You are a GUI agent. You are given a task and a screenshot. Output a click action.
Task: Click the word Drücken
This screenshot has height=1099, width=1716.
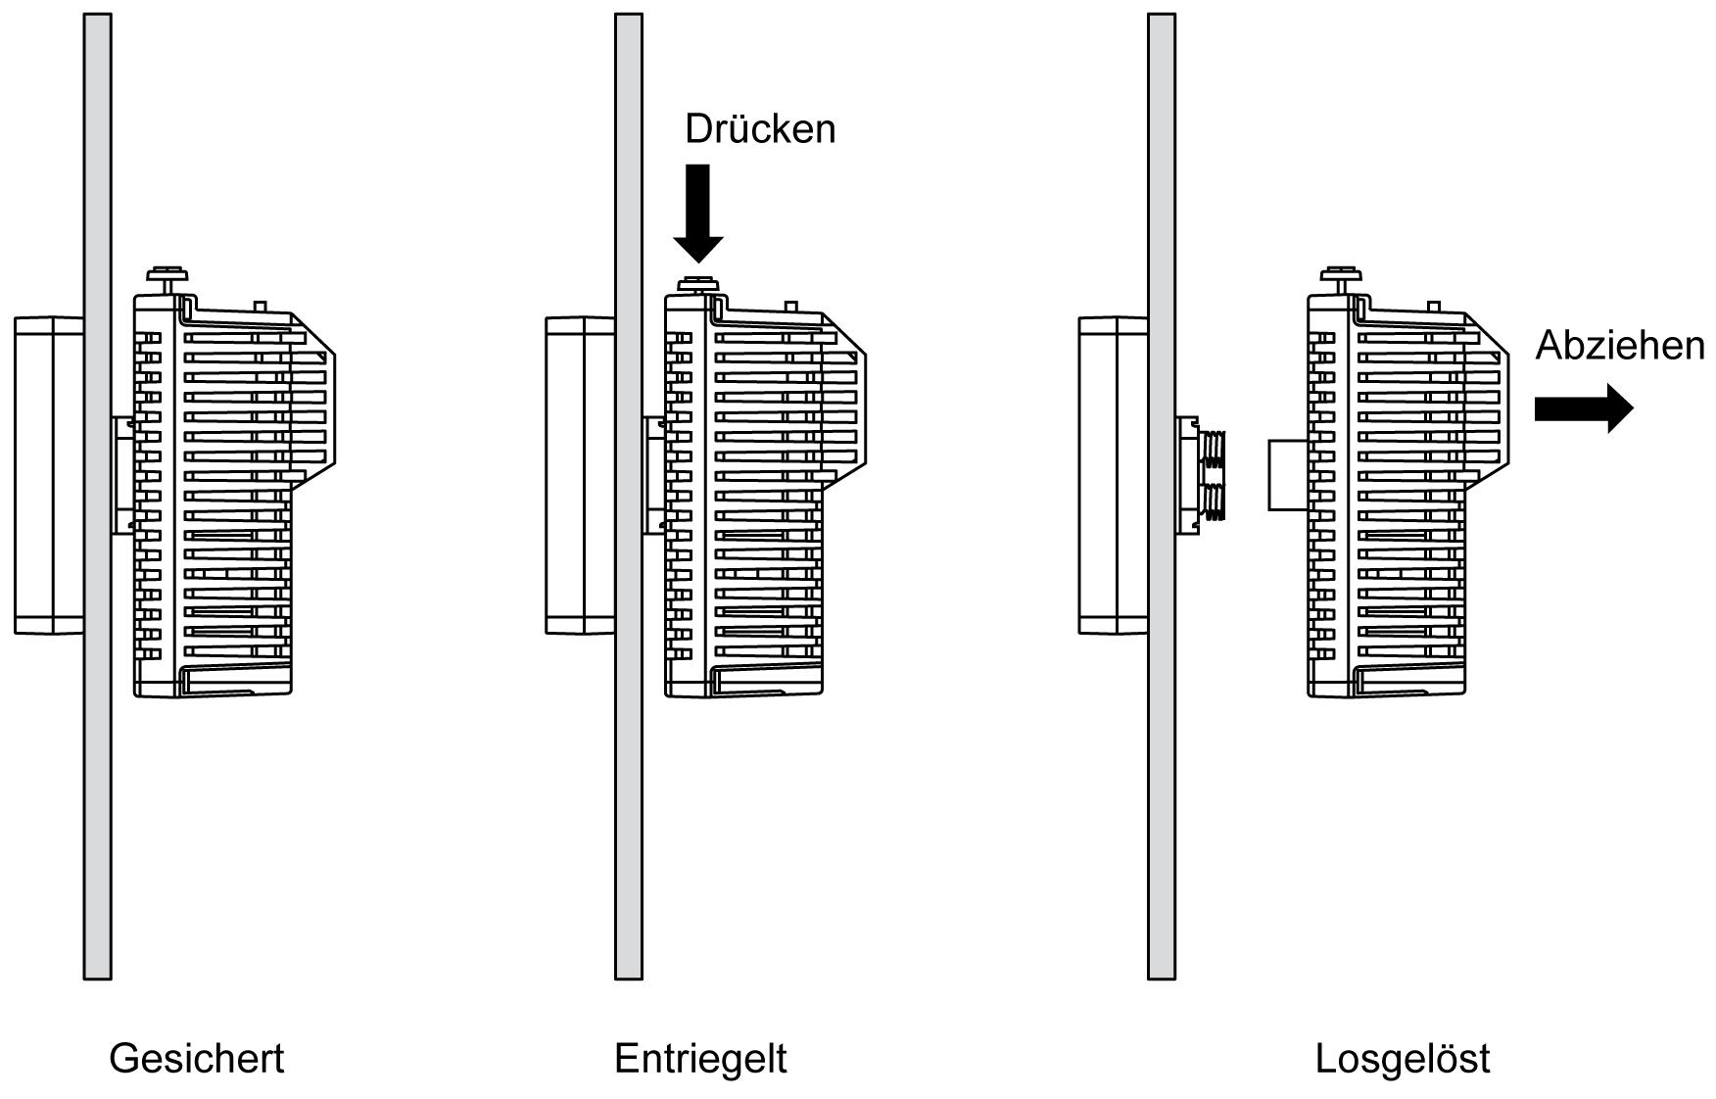click(x=760, y=129)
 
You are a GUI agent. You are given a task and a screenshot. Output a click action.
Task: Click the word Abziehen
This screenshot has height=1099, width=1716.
click(x=1619, y=346)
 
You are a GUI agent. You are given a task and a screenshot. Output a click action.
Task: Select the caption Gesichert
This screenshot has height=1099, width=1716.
click(x=196, y=1059)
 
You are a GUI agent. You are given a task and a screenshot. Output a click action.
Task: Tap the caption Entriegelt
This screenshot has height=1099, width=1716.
click(x=700, y=1059)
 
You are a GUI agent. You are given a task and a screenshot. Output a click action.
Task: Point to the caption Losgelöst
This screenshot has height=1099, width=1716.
click(x=1403, y=1059)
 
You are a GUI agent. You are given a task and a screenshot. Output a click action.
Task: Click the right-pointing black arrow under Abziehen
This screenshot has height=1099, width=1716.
click(x=1583, y=407)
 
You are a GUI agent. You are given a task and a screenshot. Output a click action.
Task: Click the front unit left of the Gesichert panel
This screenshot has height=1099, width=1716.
click(x=48, y=475)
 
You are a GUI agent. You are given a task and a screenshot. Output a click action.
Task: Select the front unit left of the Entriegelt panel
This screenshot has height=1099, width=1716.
click(x=580, y=475)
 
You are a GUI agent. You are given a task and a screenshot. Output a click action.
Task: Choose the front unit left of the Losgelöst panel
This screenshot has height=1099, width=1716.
click(x=1113, y=475)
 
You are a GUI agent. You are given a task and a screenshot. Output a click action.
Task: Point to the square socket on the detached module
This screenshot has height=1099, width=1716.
click(x=1288, y=475)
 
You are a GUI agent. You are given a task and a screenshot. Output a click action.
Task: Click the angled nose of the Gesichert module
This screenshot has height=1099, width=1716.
click(x=314, y=406)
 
